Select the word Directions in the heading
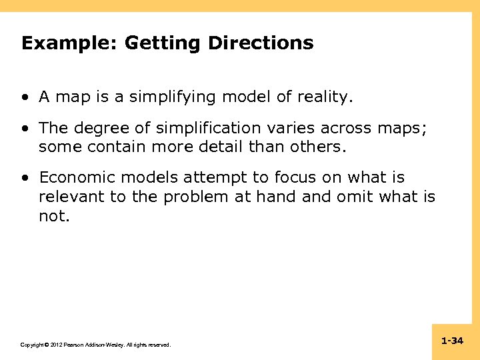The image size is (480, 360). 260,44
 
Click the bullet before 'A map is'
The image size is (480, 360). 25,97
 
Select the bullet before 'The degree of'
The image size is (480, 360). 25,128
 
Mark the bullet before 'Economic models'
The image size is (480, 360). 25,178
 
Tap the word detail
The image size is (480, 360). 225,147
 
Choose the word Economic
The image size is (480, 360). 74,178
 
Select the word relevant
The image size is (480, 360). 69,197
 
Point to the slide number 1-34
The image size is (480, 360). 452,341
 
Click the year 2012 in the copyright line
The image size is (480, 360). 54,345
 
